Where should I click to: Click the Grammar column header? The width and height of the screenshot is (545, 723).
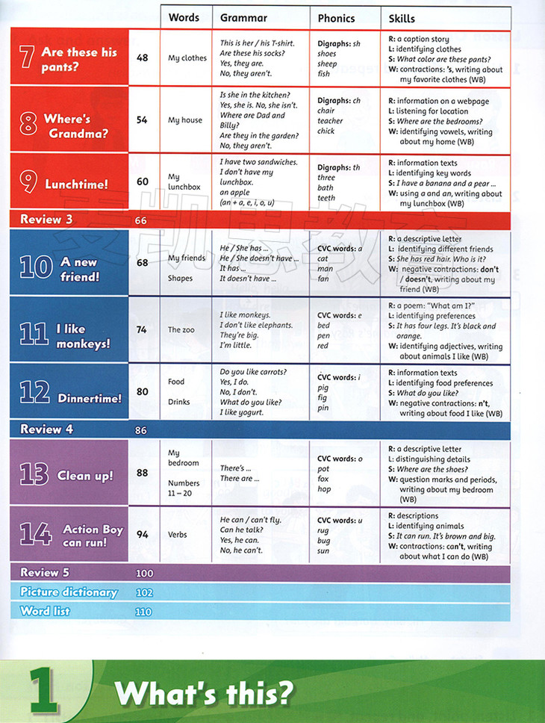(x=243, y=17)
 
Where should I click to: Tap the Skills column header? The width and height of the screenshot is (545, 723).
(x=402, y=17)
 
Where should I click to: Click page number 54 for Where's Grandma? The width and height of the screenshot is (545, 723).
(x=143, y=120)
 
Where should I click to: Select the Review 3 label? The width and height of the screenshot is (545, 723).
(x=46, y=220)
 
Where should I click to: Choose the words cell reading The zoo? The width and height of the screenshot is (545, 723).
(x=181, y=329)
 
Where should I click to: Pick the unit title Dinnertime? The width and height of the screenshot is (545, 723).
(x=90, y=398)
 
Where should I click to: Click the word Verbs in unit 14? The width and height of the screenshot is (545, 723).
(x=178, y=535)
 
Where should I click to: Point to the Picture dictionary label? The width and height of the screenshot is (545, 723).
(x=69, y=592)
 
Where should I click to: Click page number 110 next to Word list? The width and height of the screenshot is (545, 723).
(x=143, y=612)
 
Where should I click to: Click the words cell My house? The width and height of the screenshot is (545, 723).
(x=185, y=120)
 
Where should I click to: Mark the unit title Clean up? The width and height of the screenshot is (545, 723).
(x=85, y=476)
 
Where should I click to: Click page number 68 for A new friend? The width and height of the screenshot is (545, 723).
(x=143, y=262)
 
